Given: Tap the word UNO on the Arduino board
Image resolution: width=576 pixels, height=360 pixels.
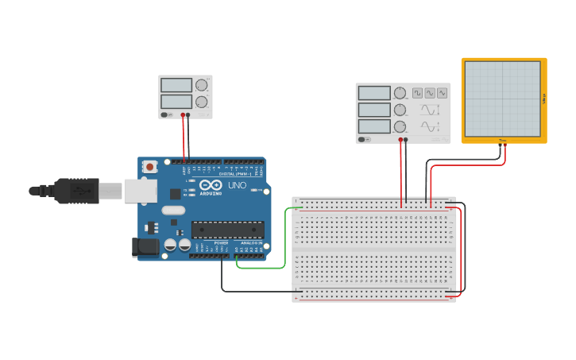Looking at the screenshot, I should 238,185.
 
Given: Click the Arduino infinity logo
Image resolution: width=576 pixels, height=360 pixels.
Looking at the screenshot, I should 211,185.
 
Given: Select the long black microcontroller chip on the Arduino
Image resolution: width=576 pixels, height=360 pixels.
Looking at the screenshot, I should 227,230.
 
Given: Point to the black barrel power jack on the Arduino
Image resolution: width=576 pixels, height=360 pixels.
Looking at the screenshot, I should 146,247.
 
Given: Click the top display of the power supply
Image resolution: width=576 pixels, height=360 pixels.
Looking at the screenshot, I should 176,85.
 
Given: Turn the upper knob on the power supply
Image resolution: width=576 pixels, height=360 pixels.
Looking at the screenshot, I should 202,85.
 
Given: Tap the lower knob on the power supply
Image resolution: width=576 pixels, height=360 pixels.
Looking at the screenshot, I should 202,102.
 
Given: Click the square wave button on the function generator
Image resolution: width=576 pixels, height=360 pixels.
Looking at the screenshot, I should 417,93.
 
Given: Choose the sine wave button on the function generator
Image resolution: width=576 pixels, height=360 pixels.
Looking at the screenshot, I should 430,93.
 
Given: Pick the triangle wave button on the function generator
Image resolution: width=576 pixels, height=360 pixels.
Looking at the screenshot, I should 442,93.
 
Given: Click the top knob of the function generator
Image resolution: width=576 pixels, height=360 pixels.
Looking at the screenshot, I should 400,93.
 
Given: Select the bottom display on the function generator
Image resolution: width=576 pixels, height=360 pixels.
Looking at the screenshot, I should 374,126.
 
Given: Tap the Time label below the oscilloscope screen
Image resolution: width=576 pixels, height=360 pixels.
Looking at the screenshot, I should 502,141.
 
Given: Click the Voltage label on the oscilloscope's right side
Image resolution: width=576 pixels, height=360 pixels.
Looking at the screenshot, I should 544,99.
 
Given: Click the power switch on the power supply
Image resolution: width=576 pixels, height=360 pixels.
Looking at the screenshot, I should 166,115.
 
